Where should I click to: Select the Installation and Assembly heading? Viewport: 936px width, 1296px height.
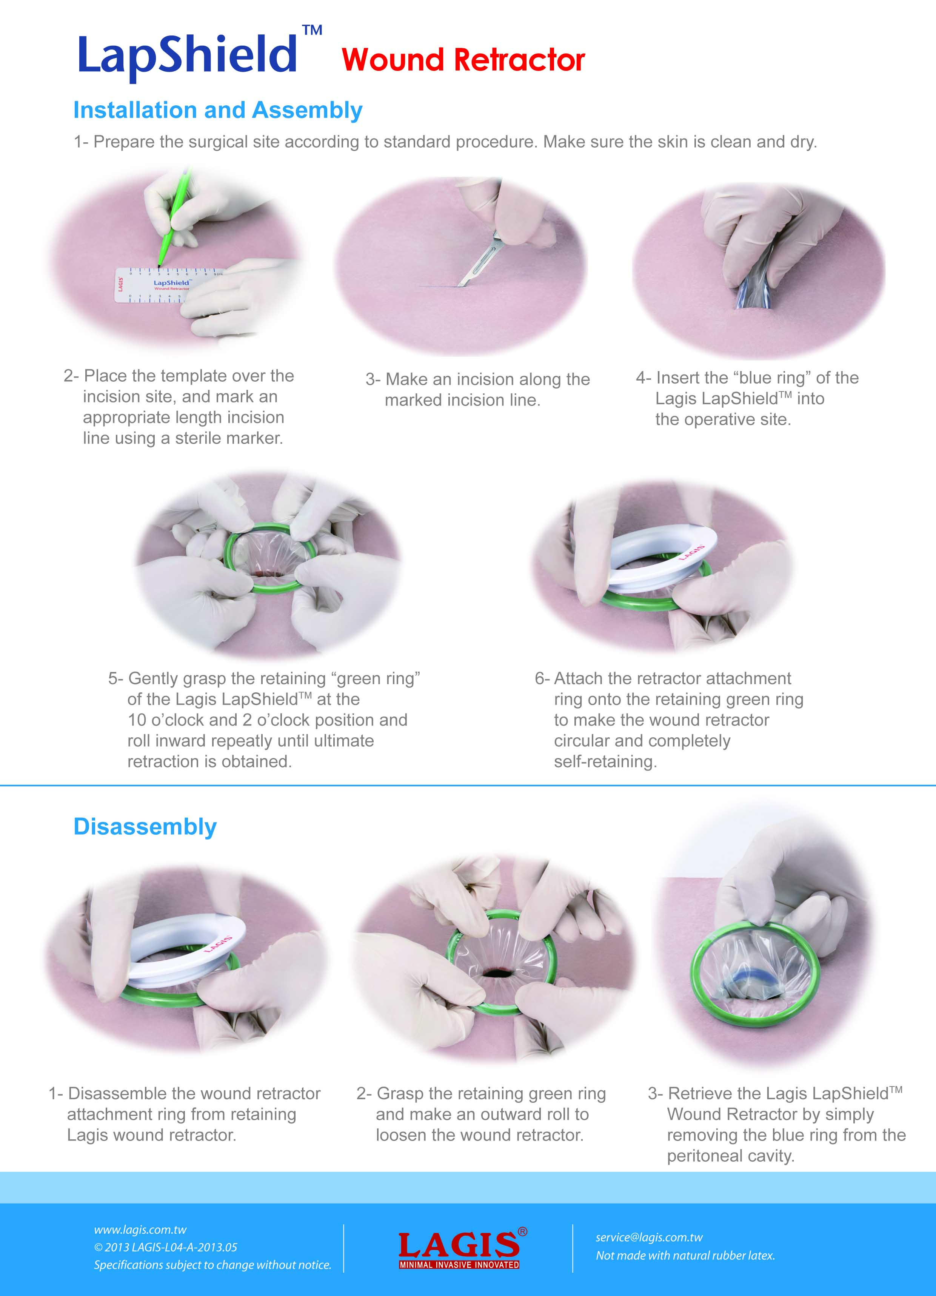pyautogui.click(x=218, y=110)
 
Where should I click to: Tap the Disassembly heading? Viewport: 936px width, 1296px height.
pyautogui.click(x=145, y=826)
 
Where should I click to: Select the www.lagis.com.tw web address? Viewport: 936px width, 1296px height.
pyautogui.click(x=140, y=1230)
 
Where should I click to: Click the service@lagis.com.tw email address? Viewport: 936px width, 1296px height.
pyautogui.click(x=649, y=1237)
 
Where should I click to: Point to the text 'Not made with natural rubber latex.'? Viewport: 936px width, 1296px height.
pyautogui.click(x=685, y=1256)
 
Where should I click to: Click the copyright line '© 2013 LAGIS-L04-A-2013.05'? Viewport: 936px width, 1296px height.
pyautogui.click(x=165, y=1247)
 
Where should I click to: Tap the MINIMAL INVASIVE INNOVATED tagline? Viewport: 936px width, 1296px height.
pyautogui.click(x=459, y=1265)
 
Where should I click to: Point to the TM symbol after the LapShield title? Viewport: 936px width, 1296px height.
pyautogui.click(x=312, y=30)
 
